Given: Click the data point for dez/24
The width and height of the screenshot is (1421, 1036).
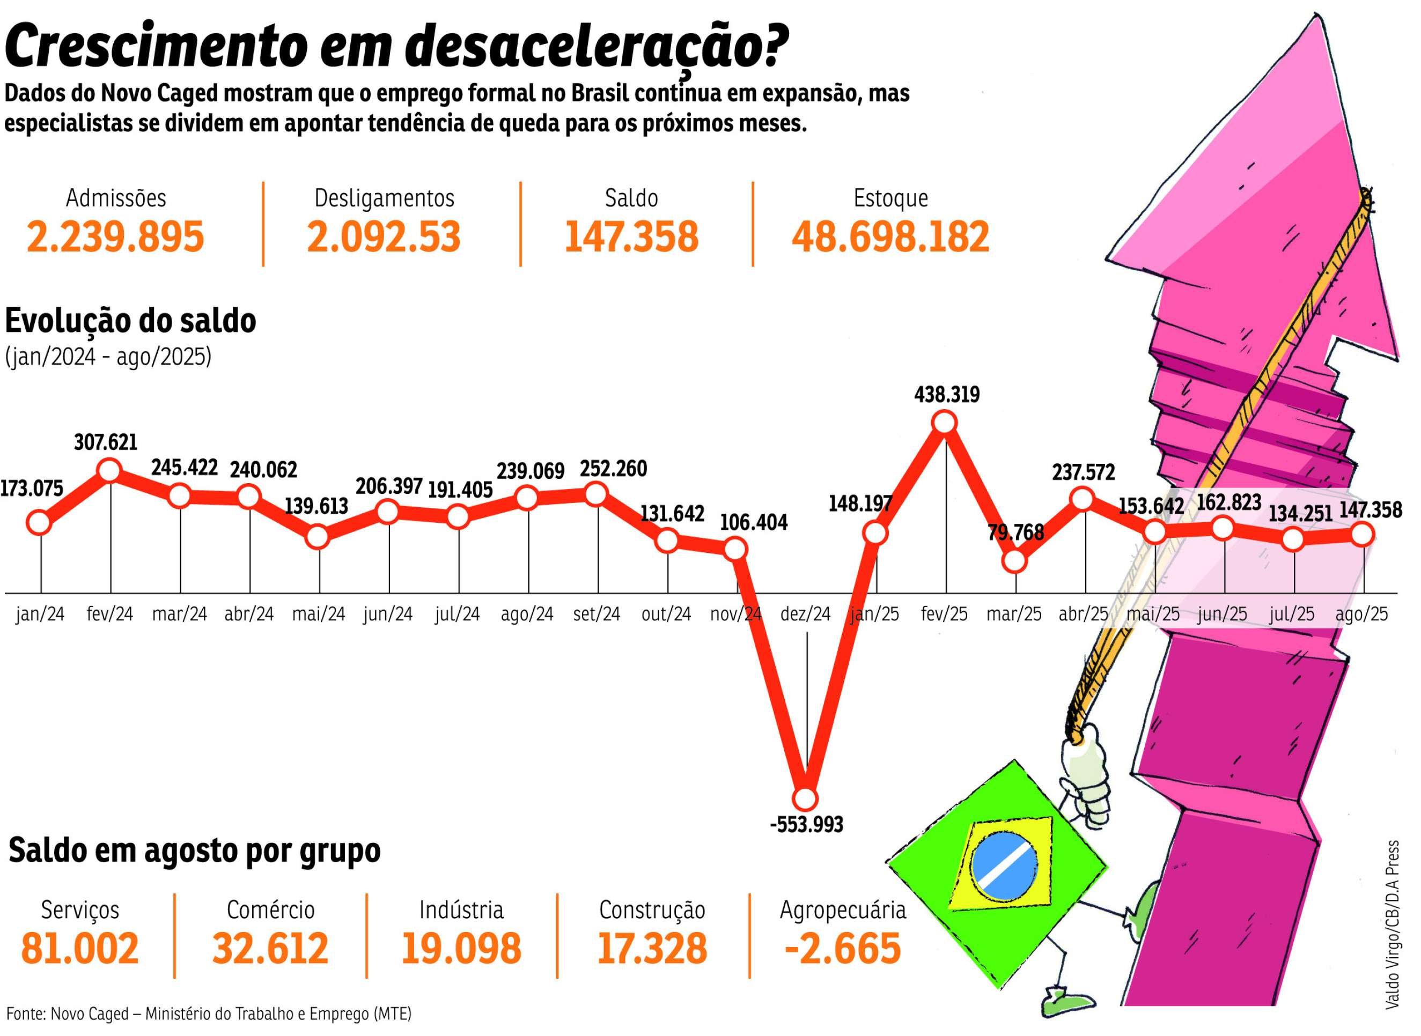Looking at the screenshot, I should point(805,799).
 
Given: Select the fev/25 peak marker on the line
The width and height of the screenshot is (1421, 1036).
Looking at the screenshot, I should point(945,423).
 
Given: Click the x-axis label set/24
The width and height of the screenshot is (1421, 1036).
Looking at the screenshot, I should point(597,613).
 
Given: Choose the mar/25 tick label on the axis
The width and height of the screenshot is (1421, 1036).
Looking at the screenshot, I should point(1014,613).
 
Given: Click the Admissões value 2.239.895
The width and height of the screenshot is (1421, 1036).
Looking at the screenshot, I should point(115,237).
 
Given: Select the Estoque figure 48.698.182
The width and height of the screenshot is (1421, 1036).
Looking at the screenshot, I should point(890,237).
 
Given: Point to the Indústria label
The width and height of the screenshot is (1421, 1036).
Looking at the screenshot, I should point(461,909).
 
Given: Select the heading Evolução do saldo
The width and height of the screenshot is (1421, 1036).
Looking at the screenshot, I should point(130,321).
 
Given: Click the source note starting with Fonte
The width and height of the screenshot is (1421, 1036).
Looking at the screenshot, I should point(209,1013).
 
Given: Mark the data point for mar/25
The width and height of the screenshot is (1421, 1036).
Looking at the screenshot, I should point(1014,561).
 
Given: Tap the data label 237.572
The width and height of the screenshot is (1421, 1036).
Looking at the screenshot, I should point(1084,471).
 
